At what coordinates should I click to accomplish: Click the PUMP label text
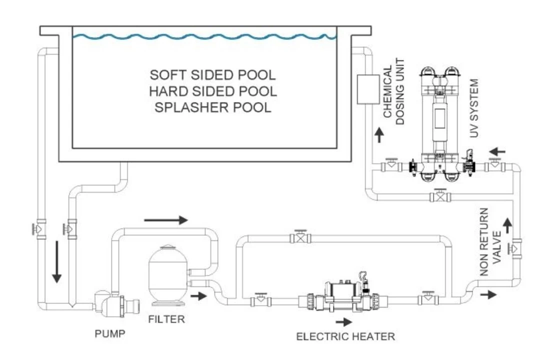point(109,333)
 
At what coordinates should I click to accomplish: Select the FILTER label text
point(166,318)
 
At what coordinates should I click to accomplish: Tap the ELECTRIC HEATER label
point(345,336)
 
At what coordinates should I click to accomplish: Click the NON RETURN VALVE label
point(490,242)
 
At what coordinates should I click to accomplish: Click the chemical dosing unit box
point(368,89)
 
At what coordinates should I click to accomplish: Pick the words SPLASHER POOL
point(213,107)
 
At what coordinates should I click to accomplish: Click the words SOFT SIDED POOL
point(213,75)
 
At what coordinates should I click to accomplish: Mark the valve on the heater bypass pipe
point(300,236)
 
